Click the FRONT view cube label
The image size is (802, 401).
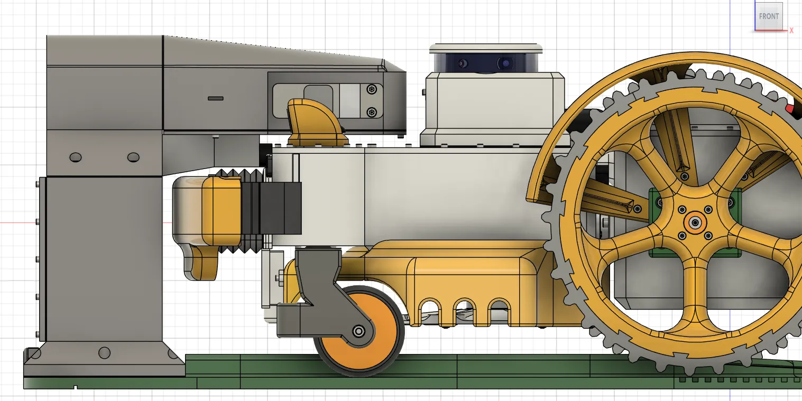point(769,16)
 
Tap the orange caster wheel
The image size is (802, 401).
point(359,331)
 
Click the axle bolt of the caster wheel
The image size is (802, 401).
point(358,331)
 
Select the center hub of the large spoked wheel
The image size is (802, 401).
point(695,222)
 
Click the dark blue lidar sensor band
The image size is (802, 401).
point(486,62)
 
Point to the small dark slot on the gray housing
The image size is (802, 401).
point(216,98)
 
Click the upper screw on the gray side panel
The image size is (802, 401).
point(372,89)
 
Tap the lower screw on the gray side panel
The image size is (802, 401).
point(372,113)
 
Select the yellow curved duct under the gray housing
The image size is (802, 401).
point(316,123)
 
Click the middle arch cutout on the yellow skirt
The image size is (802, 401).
point(464,310)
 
